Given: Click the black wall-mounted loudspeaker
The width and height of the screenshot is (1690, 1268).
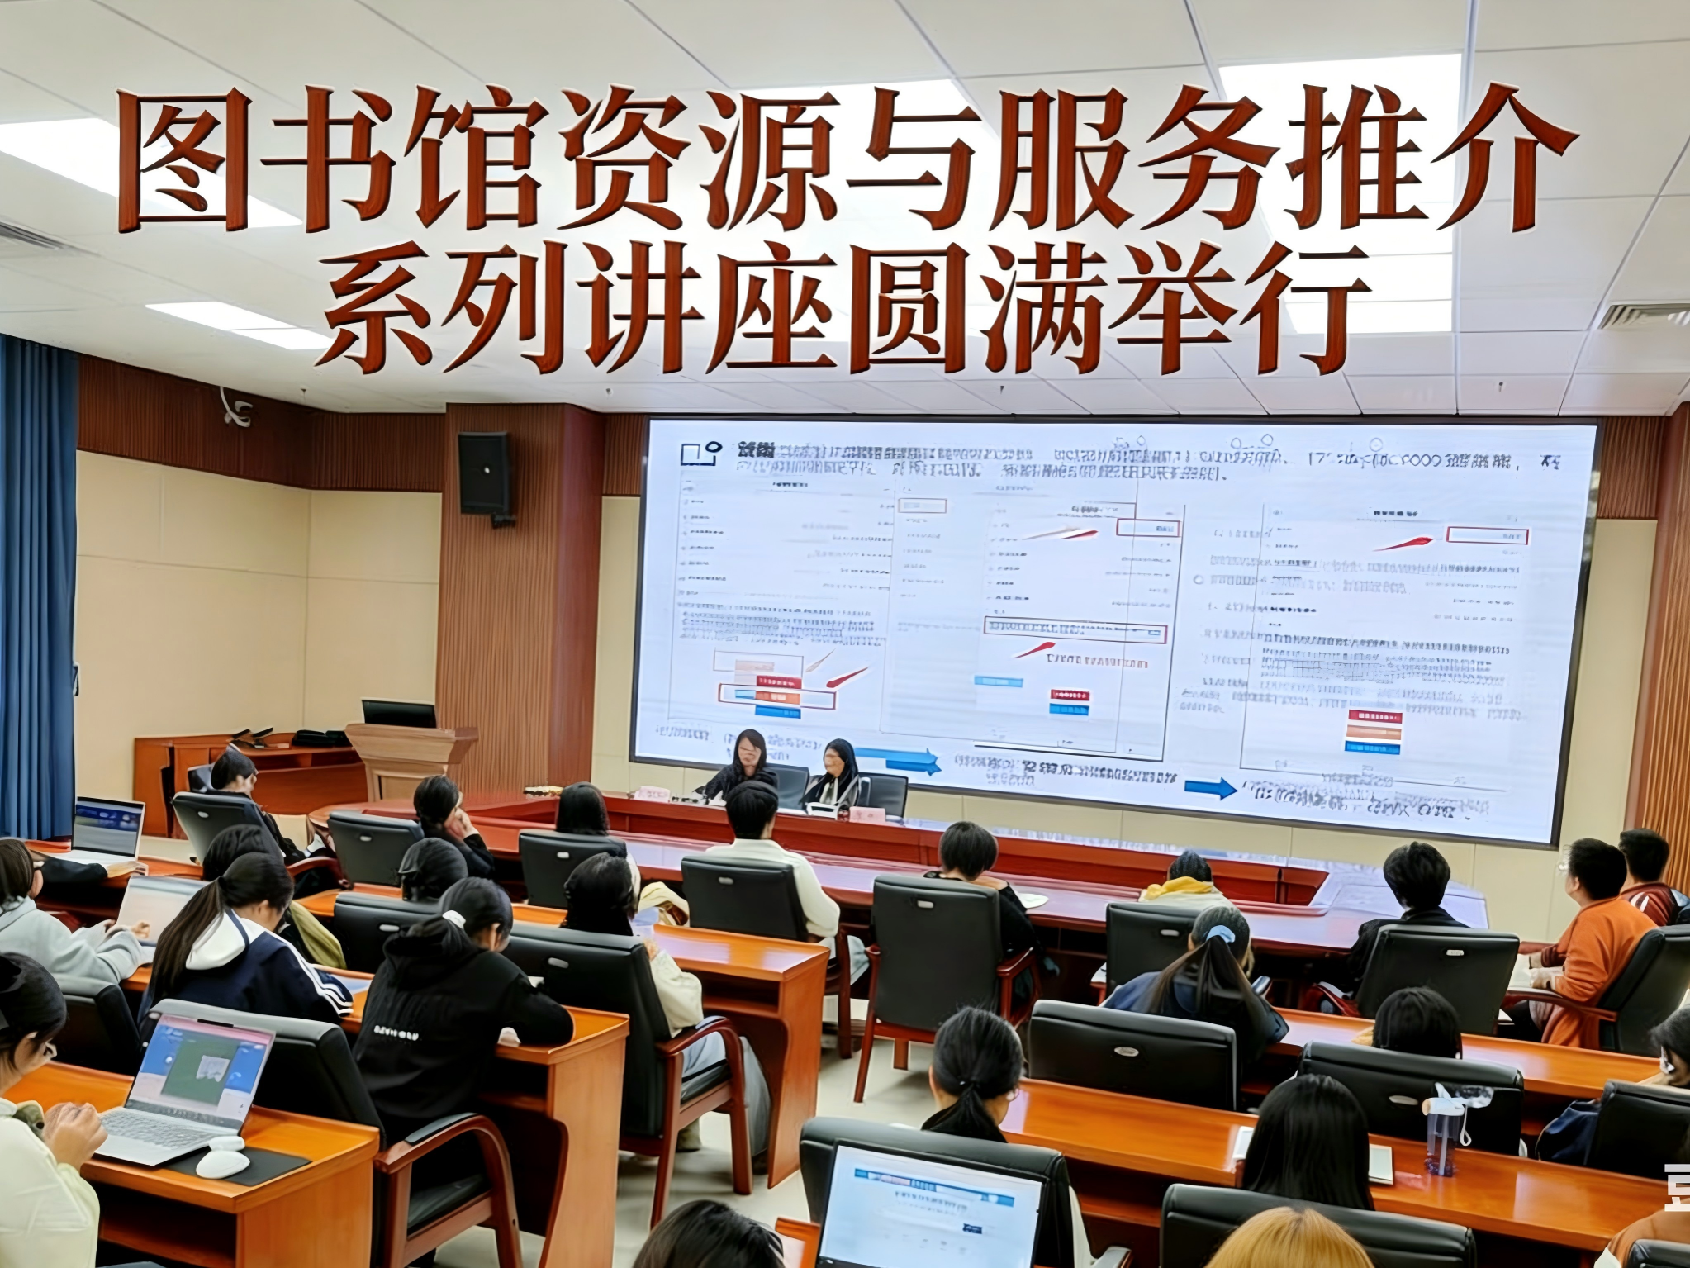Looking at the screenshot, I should [484, 473].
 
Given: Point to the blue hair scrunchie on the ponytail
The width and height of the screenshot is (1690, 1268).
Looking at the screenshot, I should [1219, 933].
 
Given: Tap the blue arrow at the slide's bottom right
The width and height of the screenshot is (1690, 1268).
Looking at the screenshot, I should [1210, 786].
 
